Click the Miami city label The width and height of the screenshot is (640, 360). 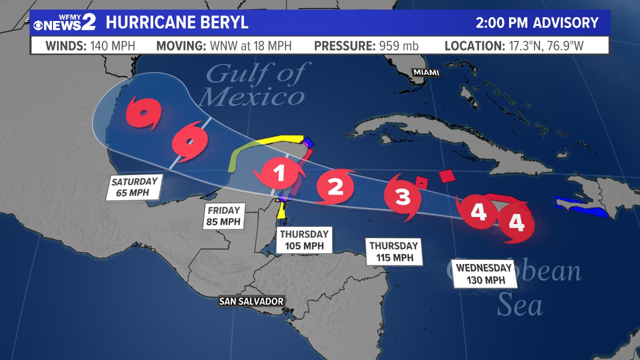[x=426, y=72]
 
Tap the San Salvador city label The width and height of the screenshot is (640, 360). [x=251, y=301]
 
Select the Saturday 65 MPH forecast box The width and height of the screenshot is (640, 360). [x=134, y=187]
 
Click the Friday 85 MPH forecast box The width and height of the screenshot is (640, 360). [x=224, y=216]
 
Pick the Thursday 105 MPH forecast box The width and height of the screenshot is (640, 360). [x=304, y=240]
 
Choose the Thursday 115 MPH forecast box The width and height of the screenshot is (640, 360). [x=394, y=252]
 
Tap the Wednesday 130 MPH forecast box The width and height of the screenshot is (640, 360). [x=485, y=274]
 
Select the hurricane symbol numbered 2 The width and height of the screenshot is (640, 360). [x=335, y=186]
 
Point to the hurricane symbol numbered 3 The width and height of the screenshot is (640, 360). [x=402, y=196]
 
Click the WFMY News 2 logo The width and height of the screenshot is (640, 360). [x=65, y=22]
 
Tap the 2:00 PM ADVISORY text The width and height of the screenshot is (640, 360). [x=537, y=23]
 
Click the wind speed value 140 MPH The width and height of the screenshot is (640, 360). [x=113, y=46]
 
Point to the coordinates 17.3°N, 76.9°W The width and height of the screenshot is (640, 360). [x=546, y=46]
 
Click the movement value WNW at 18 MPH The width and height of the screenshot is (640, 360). [x=251, y=46]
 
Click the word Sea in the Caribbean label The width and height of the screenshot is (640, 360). [x=519, y=304]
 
